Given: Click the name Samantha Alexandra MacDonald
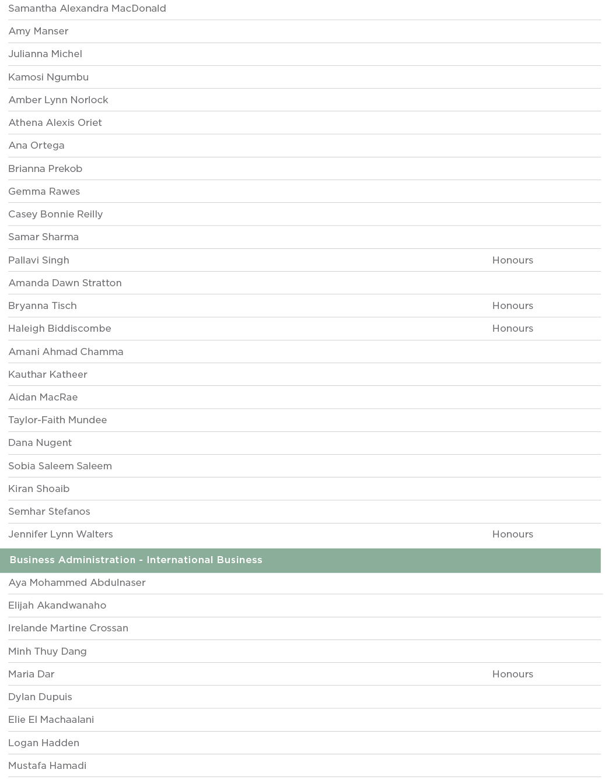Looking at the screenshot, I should click(x=87, y=9).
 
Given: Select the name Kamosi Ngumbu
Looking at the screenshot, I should click(x=48, y=77).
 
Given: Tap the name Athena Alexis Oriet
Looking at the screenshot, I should click(x=55, y=122).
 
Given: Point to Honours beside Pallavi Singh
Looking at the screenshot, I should click(x=512, y=260).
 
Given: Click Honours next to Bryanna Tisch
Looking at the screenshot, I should click(x=512, y=305).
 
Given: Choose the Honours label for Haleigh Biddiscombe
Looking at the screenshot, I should click(x=512, y=328).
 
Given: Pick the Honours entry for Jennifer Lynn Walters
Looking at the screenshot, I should click(x=512, y=534).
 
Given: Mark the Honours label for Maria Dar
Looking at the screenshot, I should click(x=512, y=674).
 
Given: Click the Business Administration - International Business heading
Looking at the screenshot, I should click(x=136, y=560).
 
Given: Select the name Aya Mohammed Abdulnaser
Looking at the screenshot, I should click(x=77, y=582).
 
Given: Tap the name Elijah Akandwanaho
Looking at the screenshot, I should click(x=57, y=605).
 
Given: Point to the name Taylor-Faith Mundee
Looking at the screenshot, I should click(x=58, y=420).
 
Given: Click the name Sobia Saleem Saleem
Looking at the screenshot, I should click(x=60, y=466).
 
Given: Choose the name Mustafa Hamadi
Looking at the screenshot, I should click(x=47, y=765).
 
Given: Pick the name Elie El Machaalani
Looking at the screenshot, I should click(x=51, y=719).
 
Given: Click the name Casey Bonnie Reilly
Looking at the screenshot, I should click(x=55, y=214).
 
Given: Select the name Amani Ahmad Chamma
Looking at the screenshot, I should click(x=66, y=352).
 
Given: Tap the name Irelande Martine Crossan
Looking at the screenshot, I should click(x=68, y=628).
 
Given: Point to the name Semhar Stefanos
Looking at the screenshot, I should click(x=49, y=511).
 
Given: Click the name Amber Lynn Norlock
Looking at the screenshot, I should click(x=58, y=100).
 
